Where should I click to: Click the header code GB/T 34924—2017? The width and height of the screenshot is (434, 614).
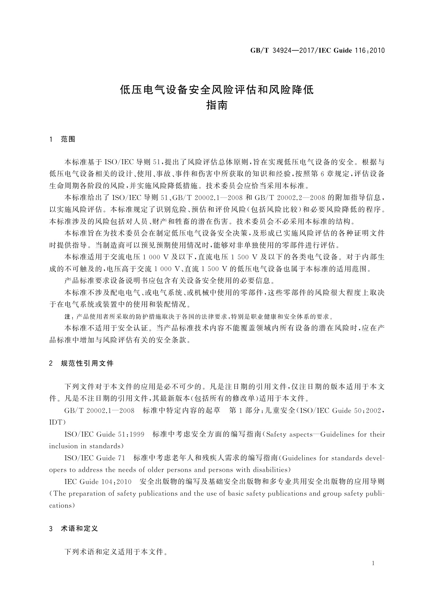[275, 50]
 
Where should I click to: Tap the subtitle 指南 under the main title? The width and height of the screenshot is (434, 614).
[217, 105]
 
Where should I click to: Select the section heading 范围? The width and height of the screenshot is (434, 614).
[68, 139]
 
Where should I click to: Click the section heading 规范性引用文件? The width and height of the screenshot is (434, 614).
[87, 363]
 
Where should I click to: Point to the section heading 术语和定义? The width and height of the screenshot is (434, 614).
[79, 529]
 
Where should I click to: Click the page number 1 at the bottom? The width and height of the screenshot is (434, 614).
[374, 563]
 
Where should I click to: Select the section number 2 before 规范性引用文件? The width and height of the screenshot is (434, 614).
[51, 363]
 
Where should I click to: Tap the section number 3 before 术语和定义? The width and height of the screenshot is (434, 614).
[51, 529]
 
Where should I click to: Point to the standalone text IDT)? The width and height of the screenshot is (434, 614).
[57, 422]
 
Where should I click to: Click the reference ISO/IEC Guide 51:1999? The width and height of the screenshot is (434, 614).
[104, 434]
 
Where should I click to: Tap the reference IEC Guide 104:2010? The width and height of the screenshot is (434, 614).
[98, 482]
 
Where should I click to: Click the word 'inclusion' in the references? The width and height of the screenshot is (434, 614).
[63, 446]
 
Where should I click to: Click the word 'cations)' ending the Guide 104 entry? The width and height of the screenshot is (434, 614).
[62, 505]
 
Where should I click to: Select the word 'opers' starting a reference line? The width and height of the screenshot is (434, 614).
[58, 470]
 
